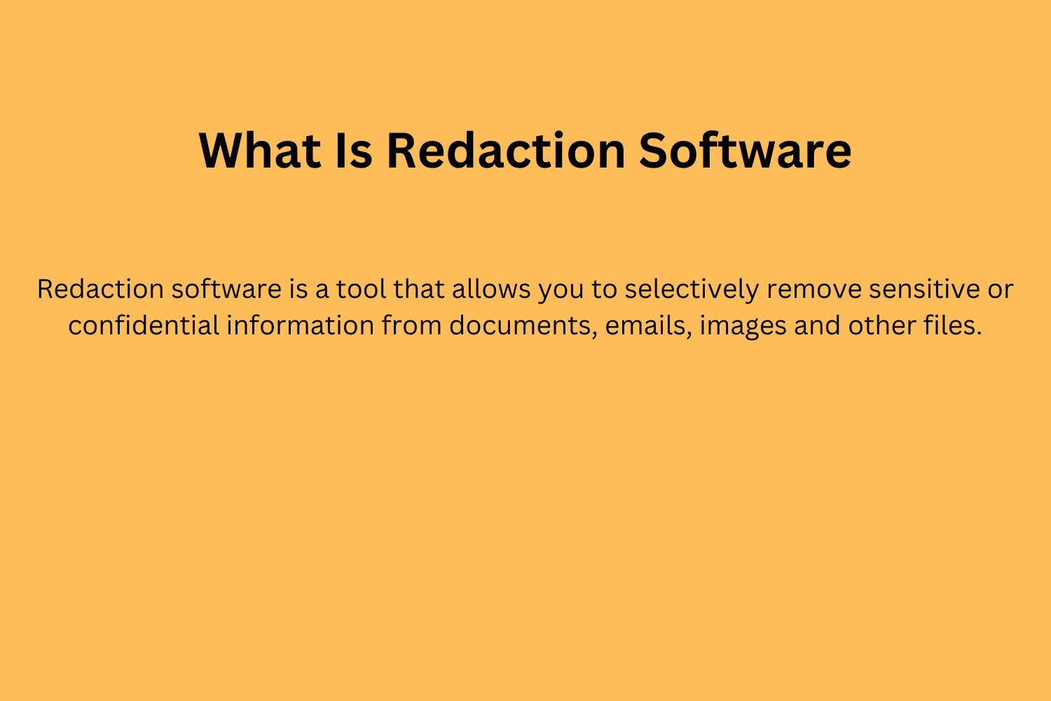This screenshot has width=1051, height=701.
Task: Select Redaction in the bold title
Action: [x=505, y=150]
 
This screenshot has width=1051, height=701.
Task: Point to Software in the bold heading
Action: [x=745, y=150]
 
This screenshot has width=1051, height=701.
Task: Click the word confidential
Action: [x=143, y=325]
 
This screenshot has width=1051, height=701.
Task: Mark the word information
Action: [x=300, y=325]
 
